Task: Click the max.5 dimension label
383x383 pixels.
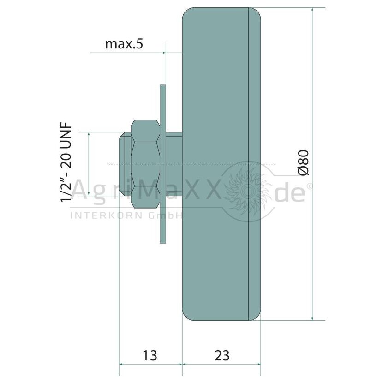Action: pyautogui.click(x=124, y=44)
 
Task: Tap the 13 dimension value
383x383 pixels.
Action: pyautogui.click(x=150, y=355)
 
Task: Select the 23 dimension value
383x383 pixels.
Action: pyautogui.click(x=222, y=355)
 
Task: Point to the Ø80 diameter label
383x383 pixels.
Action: pyautogui.click(x=304, y=162)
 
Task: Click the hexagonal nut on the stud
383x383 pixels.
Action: pyautogui.click(x=145, y=164)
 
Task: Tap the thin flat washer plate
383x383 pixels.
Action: pyautogui.click(x=163, y=164)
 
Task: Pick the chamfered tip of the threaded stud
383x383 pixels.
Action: pyautogui.click(x=122, y=164)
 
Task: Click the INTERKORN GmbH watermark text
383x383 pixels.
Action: pyautogui.click(x=126, y=215)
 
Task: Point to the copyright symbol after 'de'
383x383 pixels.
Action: pyautogui.click(x=309, y=186)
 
